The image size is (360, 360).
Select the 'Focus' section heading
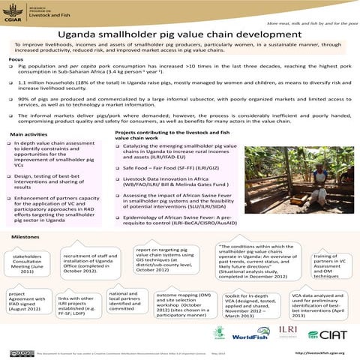click(16, 59)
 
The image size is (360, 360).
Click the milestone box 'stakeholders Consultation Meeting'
click(27, 263)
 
